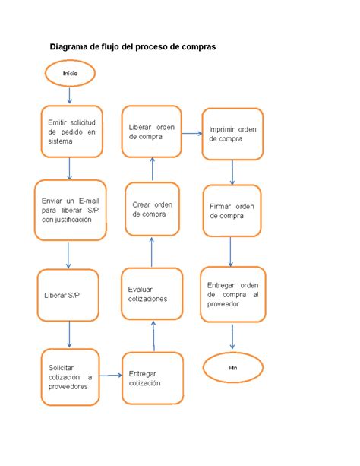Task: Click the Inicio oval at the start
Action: pos(70,73)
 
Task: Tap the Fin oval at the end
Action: pos(233,367)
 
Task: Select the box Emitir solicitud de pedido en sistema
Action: pos(71,132)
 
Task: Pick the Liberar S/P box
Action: pos(69,295)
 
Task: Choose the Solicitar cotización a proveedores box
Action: pos(69,376)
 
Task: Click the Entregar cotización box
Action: pos(153,378)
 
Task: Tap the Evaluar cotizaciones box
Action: pos(153,293)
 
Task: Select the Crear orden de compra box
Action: pos(153,209)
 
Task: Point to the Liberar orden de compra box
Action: pos(153,132)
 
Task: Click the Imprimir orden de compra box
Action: pos(232,134)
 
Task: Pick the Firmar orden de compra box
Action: pos(232,211)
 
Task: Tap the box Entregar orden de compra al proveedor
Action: pos(233,293)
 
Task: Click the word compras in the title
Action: pos(194,46)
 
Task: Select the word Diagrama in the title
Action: pos(69,46)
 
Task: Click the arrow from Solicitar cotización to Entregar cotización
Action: pos(111,375)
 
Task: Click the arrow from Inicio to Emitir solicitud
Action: pos(70,94)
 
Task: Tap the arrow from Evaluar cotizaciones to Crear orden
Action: pos(152,252)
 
